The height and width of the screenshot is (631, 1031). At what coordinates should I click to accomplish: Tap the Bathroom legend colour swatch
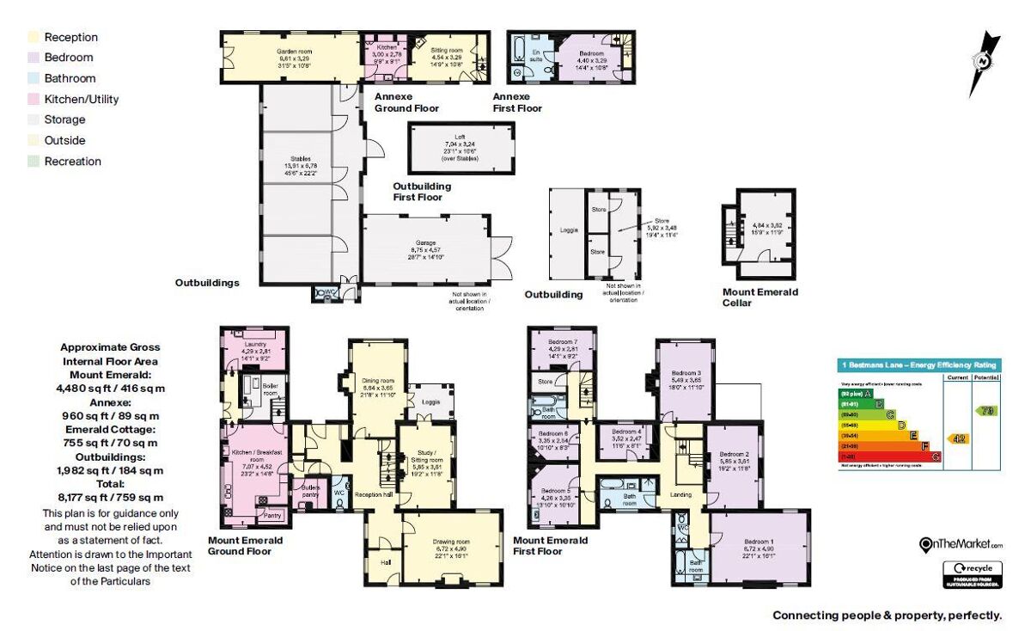tap(34, 78)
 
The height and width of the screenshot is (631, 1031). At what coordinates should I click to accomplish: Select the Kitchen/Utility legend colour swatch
tap(34, 99)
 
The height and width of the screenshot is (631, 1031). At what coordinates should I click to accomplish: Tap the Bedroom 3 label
tap(685, 375)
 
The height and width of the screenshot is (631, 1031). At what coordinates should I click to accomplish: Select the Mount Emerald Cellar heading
tap(760, 297)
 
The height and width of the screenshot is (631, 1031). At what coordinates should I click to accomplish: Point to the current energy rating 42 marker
tap(957, 438)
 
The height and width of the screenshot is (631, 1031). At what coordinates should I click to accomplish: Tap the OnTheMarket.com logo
tap(961, 544)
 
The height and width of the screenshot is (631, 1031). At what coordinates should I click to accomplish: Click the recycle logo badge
tap(973, 573)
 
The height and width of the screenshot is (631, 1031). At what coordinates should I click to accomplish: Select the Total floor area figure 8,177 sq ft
tap(112, 496)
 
